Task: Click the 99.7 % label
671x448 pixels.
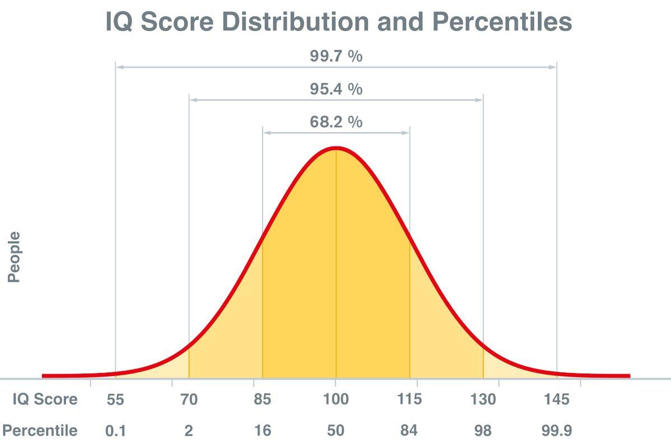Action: pyautogui.click(x=336, y=56)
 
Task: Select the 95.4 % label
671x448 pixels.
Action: pyautogui.click(x=336, y=89)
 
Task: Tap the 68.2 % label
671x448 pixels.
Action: pyautogui.click(x=336, y=122)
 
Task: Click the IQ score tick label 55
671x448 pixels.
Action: pyautogui.click(x=115, y=400)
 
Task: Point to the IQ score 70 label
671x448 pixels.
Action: pyautogui.click(x=189, y=400)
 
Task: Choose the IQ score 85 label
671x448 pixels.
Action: pyautogui.click(x=262, y=400)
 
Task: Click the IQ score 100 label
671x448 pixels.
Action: pyautogui.click(x=336, y=400)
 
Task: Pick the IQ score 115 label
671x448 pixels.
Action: pyautogui.click(x=409, y=400)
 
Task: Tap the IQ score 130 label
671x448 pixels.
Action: pyautogui.click(x=483, y=400)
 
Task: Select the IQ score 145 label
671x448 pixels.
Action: pyautogui.click(x=556, y=400)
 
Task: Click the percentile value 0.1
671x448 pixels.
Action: pyautogui.click(x=115, y=431)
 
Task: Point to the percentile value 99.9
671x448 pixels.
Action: pyautogui.click(x=556, y=431)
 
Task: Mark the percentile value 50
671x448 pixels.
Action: pyautogui.click(x=336, y=431)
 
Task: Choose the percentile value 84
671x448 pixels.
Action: pyautogui.click(x=409, y=431)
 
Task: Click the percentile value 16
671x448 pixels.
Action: pyautogui.click(x=262, y=431)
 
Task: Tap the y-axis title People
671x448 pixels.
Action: pyautogui.click(x=14, y=257)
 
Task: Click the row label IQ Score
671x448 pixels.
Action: pyautogui.click(x=45, y=400)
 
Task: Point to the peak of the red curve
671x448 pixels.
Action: pyautogui.click(x=336, y=148)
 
